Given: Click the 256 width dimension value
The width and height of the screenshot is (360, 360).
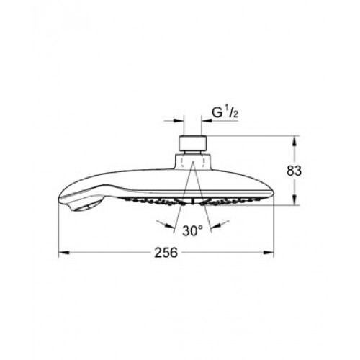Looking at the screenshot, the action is pyautogui.click(x=166, y=253).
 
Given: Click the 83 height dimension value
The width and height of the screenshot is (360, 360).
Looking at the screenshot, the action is pyautogui.click(x=294, y=171).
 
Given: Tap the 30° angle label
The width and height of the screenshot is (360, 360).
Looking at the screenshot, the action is pyautogui.click(x=192, y=231).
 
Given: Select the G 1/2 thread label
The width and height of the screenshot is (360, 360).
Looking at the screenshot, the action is pyautogui.click(x=225, y=112).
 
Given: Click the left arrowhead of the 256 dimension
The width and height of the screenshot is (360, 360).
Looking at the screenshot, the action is pyautogui.click(x=64, y=253).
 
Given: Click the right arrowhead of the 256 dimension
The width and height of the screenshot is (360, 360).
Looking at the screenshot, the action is pyautogui.click(x=269, y=253).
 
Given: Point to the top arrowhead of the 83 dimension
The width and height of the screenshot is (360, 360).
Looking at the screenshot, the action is pyautogui.click(x=294, y=141).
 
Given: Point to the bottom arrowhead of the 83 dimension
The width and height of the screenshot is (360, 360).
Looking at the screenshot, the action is pyautogui.click(x=294, y=199).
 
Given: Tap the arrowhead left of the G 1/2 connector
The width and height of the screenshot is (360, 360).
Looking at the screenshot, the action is pyautogui.click(x=179, y=121).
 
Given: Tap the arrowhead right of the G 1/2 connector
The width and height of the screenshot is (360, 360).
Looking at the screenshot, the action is pyautogui.click(x=207, y=121).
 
